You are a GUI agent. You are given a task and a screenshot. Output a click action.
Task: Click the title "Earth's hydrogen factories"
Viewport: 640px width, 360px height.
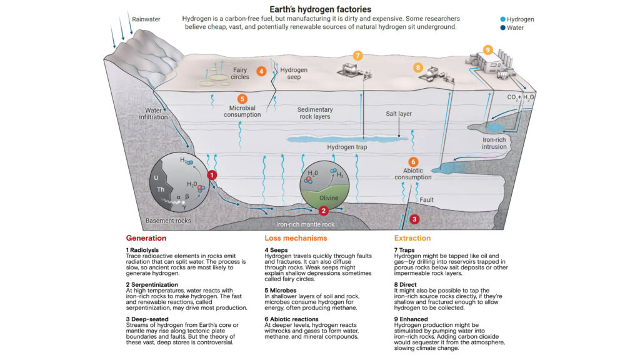(319, 9)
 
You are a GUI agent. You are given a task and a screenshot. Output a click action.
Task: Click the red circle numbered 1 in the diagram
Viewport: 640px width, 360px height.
(212, 175)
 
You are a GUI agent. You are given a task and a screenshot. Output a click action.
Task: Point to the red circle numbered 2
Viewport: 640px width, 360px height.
(323, 211)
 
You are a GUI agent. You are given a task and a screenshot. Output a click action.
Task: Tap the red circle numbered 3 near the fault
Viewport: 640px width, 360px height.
(414, 219)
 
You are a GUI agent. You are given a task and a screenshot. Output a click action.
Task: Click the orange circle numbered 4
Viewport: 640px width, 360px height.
(262, 72)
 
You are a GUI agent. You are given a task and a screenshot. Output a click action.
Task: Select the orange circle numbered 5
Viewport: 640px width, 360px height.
(242, 98)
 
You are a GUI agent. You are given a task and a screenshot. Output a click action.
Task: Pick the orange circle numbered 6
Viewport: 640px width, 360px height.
(413, 161)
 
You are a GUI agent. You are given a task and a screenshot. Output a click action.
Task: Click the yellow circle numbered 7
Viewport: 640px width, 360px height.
(357, 56)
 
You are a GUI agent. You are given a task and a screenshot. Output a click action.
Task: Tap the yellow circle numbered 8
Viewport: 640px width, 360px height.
(417, 67)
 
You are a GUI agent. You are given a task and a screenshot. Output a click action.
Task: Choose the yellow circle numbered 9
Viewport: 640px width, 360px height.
(488, 49)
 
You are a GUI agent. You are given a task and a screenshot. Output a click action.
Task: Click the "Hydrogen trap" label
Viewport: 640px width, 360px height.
(347, 147)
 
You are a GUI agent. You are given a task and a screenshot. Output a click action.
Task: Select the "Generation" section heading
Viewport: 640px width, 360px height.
(146, 238)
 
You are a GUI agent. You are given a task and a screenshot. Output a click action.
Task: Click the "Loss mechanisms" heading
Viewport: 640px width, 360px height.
(296, 238)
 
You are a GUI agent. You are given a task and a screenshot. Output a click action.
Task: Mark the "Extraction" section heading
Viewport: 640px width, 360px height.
(412, 238)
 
